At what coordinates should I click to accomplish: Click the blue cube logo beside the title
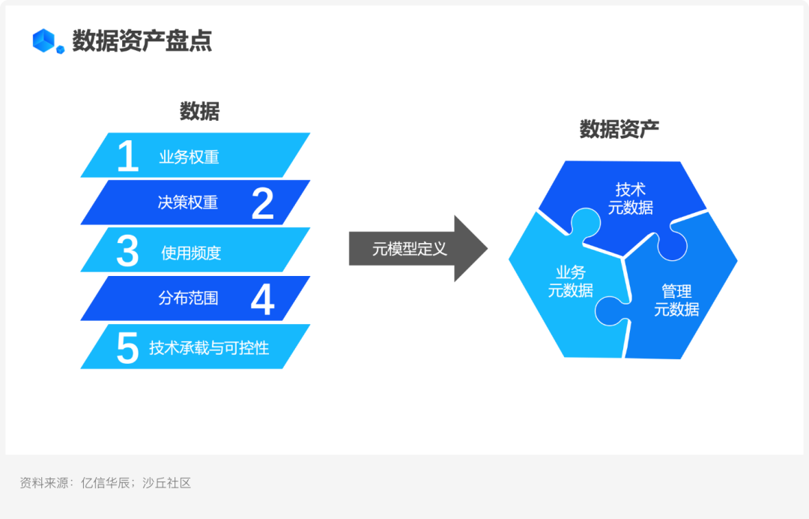click(x=47, y=40)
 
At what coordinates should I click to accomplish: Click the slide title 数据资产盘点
click(x=142, y=40)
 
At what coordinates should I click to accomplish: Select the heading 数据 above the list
click(x=199, y=111)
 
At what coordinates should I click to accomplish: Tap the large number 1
click(x=128, y=157)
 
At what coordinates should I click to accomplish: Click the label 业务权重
click(x=189, y=157)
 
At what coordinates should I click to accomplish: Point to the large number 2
click(x=262, y=203)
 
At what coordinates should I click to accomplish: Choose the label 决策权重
click(x=188, y=203)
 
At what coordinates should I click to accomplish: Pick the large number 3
click(x=128, y=252)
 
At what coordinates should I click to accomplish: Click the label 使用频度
click(x=191, y=253)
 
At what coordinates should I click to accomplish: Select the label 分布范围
click(x=188, y=298)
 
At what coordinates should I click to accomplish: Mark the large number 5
click(x=128, y=348)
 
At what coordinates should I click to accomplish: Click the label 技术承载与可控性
click(x=209, y=348)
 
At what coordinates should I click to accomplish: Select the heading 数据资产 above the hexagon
click(x=619, y=129)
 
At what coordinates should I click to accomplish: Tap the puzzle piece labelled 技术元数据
click(x=630, y=198)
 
